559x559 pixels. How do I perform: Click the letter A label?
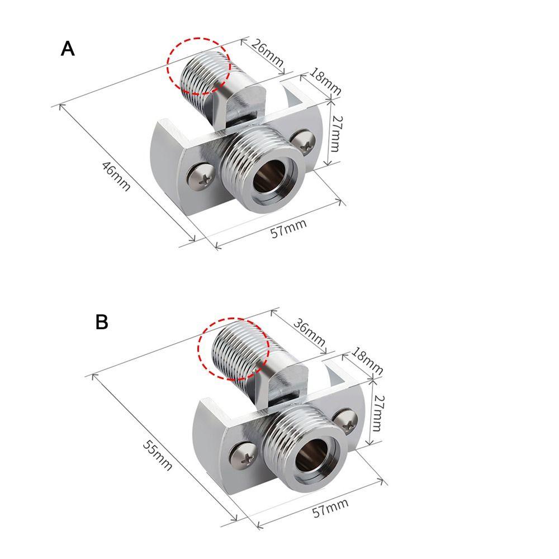[68, 49]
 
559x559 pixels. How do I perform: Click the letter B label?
[102, 323]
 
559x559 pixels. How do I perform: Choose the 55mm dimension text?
[158, 455]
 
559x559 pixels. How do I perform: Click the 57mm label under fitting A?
[288, 228]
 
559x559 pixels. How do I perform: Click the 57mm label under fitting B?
[330, 508]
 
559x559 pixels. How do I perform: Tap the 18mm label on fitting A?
[325, 81]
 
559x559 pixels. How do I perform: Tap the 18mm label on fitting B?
[367, 361]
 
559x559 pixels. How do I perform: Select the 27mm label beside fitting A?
[334, 134]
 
